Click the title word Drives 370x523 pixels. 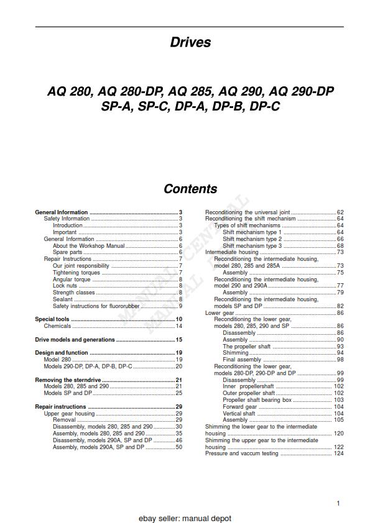[x=190, y=43]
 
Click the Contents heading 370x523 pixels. [x=190, y=189]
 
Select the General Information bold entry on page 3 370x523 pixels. [x=62, y=212]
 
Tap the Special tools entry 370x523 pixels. [x=52, y=319]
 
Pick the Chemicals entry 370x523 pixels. [x=57, y=326]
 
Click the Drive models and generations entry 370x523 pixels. [x=75, y=340]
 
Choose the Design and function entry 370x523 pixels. [x=62, y=353]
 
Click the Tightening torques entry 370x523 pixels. [x=76, y=273]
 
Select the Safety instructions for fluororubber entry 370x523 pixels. [x=96, y=306]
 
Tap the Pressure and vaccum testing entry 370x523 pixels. [x=243, y=453]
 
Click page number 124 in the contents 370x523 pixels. [x=338, y=453]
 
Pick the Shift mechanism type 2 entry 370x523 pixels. [x=252, y=239]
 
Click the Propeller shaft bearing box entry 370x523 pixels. [x=257, y=400]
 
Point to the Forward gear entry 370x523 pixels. [x=240, y=407]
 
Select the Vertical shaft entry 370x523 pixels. [x=239, y=414]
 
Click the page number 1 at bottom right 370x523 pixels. [x=338, y=504]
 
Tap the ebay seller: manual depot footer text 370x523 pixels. [x=185, y=518]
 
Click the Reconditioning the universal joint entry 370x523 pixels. [x=247, y=212]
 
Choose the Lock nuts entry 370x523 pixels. [x=65, y=286]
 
